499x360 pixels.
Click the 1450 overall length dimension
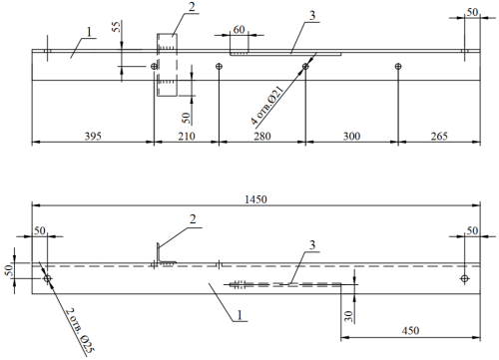coord(255,199)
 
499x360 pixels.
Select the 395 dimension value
coord(93,137)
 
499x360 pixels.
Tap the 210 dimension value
coord(187,137)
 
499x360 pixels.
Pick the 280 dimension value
coord(262,137)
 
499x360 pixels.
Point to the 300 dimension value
coord(351,137)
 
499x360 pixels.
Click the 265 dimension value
coord(439,137)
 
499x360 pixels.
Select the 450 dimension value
coord(410,331)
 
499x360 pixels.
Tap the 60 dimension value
coord(239,30)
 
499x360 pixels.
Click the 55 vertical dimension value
coord(117,27)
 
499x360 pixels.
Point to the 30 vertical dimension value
coord(348,316)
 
